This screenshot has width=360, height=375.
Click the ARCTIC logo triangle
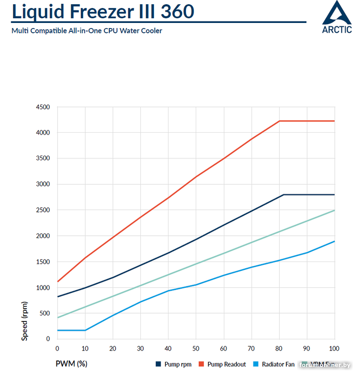pos(337,13)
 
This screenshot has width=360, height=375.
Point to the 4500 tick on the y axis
pos(43,107)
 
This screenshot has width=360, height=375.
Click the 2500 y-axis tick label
pos(43,210)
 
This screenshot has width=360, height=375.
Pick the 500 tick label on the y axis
pos(45,313)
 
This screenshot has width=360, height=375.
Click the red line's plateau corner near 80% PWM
pos(279,121)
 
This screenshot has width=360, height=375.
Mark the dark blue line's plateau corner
pos(283,195)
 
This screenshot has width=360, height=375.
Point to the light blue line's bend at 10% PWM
pos(85,330)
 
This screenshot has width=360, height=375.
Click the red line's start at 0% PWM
pos(57,282)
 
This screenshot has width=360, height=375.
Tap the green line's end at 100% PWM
pos(334,210)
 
